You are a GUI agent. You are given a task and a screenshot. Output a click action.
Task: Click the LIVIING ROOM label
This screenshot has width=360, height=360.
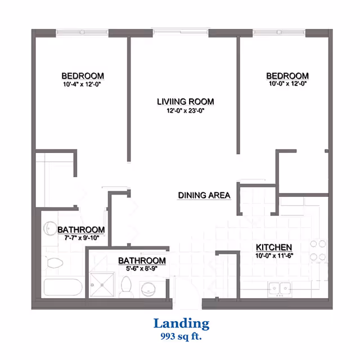(186, 101)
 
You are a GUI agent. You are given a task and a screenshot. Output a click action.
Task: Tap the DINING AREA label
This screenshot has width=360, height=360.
(204, 195)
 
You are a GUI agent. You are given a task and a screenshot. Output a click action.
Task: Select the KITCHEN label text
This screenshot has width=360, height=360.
(274, 247)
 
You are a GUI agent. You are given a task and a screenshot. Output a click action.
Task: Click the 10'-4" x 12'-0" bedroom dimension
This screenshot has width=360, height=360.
(82, 84)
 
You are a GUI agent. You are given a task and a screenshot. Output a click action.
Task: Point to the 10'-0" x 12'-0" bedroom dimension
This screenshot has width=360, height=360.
(287, 84)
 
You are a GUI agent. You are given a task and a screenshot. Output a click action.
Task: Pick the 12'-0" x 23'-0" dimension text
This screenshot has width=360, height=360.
(186, 111)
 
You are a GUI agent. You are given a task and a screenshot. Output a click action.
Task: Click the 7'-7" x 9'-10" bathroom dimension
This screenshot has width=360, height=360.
(82, 237)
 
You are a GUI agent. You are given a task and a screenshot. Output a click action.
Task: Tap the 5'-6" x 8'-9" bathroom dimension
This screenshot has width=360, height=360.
(142, 268)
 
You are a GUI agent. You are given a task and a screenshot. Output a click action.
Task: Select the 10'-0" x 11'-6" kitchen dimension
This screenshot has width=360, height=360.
(274, 255)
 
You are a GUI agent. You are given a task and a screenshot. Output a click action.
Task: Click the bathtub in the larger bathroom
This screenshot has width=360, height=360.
(63, 287)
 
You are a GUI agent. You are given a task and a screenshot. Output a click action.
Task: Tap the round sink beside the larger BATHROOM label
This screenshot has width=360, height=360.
(50, 228)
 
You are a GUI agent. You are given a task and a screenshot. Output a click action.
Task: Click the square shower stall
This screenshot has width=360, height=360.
(102, 285)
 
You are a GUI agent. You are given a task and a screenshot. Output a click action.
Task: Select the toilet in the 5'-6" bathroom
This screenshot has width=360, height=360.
(126, 287)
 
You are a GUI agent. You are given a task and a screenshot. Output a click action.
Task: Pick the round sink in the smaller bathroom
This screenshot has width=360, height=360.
(148, 290)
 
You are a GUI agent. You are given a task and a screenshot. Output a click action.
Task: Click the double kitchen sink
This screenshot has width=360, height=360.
(280, 289)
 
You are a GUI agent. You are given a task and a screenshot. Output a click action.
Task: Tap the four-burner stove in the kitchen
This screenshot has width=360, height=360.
(318, 250)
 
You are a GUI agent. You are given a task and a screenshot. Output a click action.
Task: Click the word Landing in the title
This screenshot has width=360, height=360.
(181, 324)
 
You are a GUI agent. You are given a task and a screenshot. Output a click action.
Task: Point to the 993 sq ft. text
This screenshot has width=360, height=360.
(181, 336)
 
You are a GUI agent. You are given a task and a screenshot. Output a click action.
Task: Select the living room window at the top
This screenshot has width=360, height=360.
(181, 31)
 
